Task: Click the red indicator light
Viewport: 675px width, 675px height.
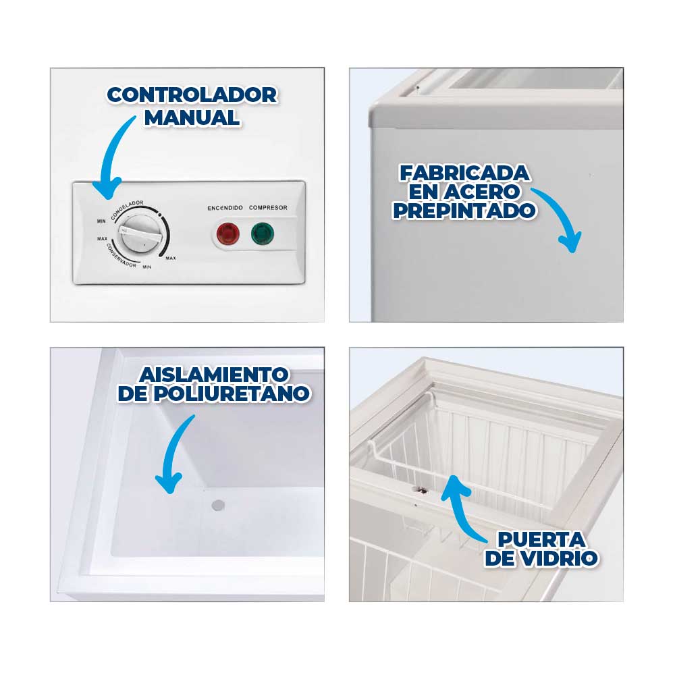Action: point(227,234)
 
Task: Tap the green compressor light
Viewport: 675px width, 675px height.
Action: point(262,234)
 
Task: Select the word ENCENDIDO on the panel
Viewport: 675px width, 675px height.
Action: point(225,208)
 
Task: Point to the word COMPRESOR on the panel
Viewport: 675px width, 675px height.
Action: point(268,207)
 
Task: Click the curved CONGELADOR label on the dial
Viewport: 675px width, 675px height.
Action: point(127,209)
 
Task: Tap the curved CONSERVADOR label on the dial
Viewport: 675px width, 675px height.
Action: point(121,256)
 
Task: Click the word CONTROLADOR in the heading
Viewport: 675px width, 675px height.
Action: point(192,95)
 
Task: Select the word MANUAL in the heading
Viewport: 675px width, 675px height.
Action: point(192,117)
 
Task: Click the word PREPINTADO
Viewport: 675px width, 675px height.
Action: point(464,211)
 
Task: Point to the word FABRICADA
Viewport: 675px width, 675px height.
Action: point(464,173)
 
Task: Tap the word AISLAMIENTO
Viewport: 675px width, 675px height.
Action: point(214,375)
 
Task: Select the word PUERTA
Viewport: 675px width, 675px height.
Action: point(541,539)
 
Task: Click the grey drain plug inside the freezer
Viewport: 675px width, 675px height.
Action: point(218,506)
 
